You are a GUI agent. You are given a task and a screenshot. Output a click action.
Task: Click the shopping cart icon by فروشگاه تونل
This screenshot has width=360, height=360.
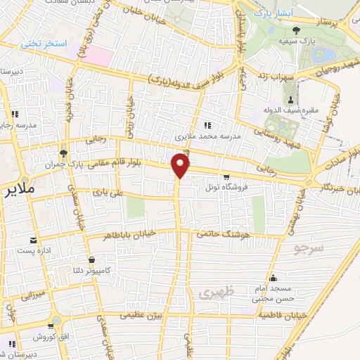pyautogui.click(x=226, y=177)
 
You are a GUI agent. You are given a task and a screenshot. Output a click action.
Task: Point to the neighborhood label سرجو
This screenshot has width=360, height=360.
pyautogui.click(x=307, y=247)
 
